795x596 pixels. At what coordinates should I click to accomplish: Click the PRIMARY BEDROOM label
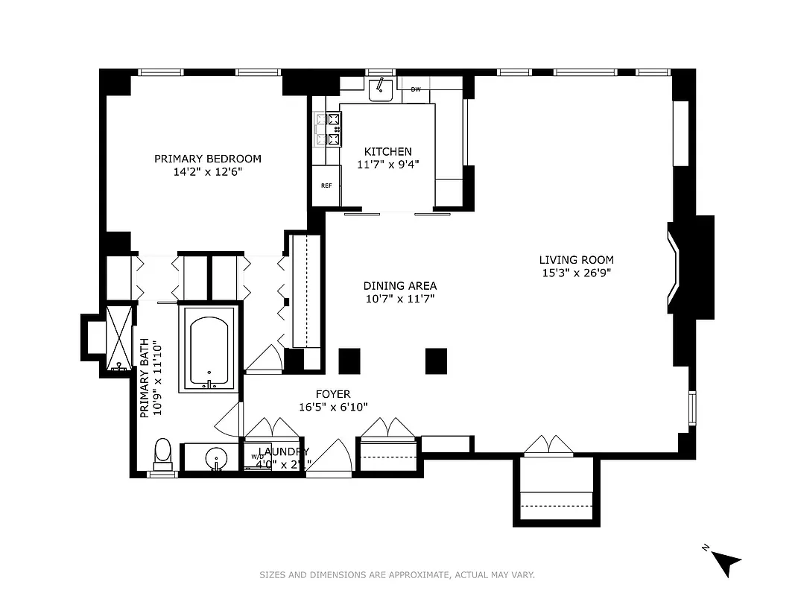208,159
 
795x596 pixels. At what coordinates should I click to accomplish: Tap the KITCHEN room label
387,152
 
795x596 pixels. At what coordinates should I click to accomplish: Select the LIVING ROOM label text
576,260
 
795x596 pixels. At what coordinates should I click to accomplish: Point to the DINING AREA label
400,286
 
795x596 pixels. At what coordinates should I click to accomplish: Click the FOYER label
332,394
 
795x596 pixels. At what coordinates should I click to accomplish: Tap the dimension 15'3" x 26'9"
576,273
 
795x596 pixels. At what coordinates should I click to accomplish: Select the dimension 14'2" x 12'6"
208,171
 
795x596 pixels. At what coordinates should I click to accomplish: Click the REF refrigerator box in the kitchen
326,186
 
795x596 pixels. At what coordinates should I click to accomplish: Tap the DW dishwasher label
416,90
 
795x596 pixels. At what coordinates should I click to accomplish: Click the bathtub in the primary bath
209,350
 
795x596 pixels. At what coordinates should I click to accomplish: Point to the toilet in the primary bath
162,452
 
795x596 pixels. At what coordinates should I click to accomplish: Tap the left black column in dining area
349,361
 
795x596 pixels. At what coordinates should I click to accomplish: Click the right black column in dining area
436,361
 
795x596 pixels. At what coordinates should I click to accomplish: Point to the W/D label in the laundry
257,456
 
